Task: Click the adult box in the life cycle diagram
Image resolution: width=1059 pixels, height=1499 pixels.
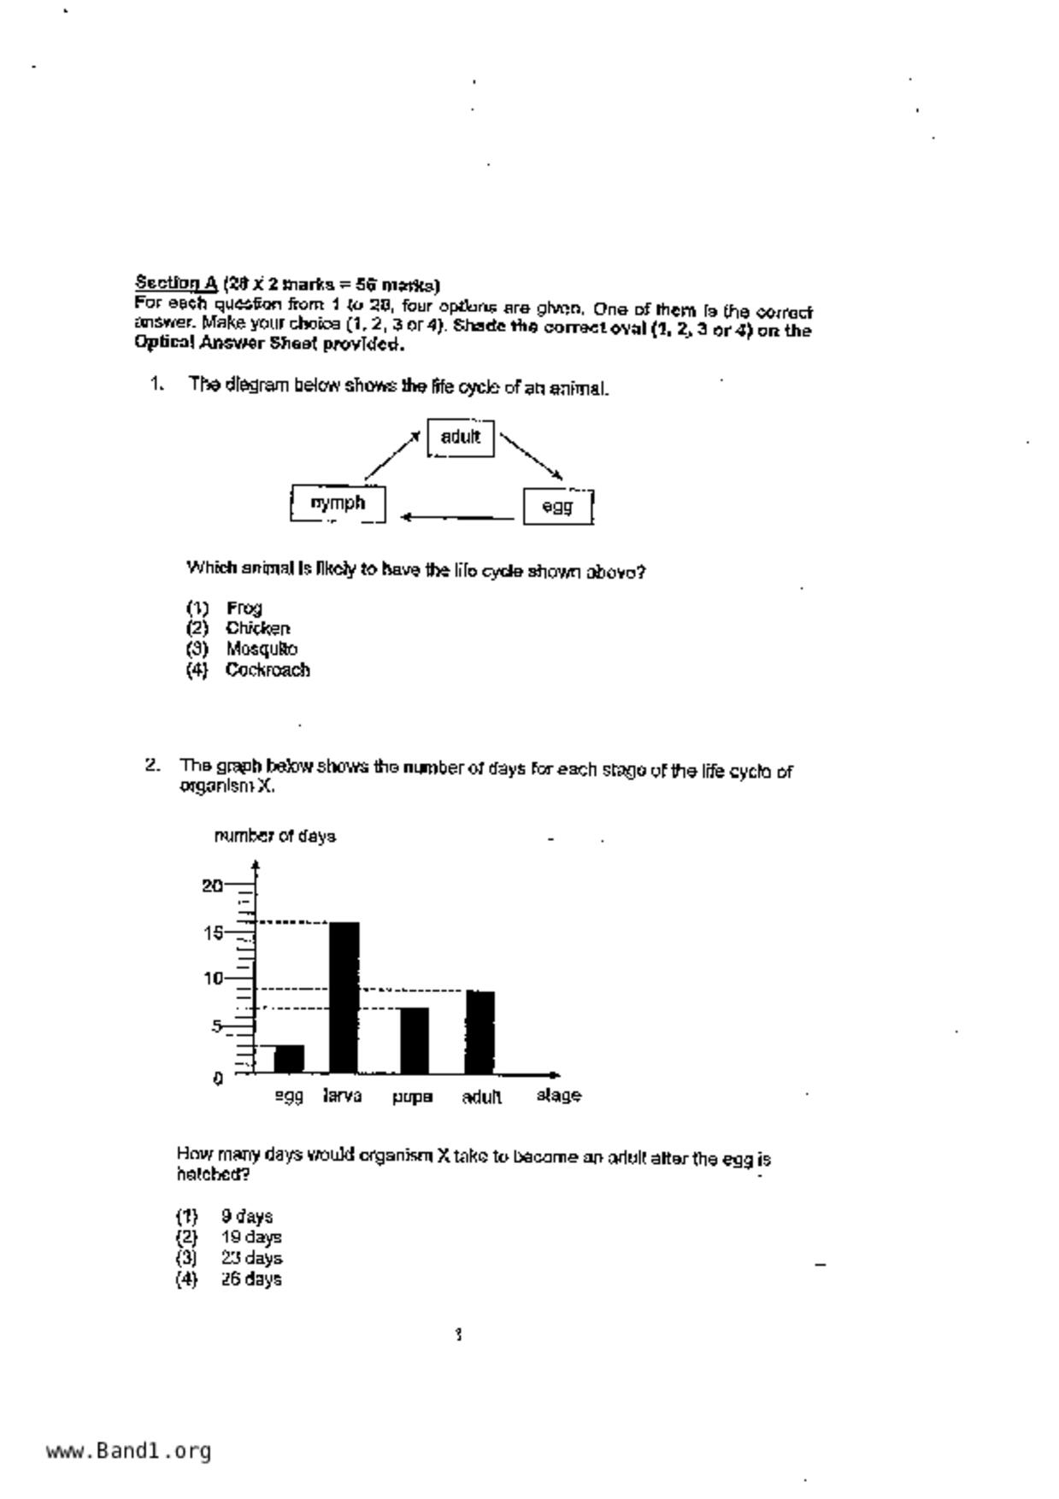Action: coord(461,438)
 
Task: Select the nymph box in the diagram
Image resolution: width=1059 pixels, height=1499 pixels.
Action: coord(338,503)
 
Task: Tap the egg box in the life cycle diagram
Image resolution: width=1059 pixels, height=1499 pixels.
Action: coord(557,506)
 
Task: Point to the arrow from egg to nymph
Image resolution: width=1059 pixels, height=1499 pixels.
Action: coord(457,517)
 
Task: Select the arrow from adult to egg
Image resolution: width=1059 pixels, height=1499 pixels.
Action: coord(531,456)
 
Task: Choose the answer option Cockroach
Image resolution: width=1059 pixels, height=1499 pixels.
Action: coord(268,670)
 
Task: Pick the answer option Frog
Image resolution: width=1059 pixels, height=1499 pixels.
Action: coord(244,608)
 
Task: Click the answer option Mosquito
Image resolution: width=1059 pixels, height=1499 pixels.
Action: coord(262,650)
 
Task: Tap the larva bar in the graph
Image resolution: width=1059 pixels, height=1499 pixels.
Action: coord(344,996)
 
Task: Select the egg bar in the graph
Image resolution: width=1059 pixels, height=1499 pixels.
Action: coord(289,1058)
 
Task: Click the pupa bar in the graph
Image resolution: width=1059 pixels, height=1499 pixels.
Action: coord(414,1040)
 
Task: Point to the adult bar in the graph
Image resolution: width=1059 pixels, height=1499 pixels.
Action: coord(480,1032)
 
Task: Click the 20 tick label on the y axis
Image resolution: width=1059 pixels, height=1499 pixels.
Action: coord(212,885)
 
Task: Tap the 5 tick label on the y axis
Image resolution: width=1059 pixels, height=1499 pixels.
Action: coord(216,1026)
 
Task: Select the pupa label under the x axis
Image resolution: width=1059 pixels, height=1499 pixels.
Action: coord(412,1096)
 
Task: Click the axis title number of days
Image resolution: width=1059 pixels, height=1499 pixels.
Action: coord(274,836)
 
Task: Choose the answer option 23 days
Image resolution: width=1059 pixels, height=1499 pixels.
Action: coord(251,1258)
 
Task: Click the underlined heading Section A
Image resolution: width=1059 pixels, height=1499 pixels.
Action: coord(176,283)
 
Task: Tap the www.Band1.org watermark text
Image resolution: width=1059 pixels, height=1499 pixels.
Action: coord(128,1451)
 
